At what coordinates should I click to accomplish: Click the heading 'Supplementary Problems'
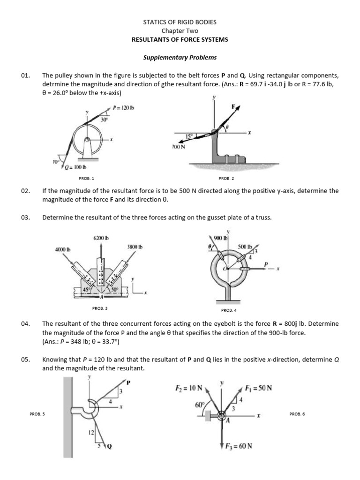coord(180,58)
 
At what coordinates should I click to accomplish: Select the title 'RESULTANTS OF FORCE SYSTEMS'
coord(180,39)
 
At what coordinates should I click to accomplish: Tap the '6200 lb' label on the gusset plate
coord(101,238)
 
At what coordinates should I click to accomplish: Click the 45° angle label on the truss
coord(86,290)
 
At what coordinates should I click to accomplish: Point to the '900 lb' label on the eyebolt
coord(220,238)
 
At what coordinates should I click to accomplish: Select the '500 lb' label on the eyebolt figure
coord(245,246)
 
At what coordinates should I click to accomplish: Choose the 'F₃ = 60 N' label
coord(236,446)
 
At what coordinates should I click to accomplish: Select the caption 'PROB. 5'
coord(37,414)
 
